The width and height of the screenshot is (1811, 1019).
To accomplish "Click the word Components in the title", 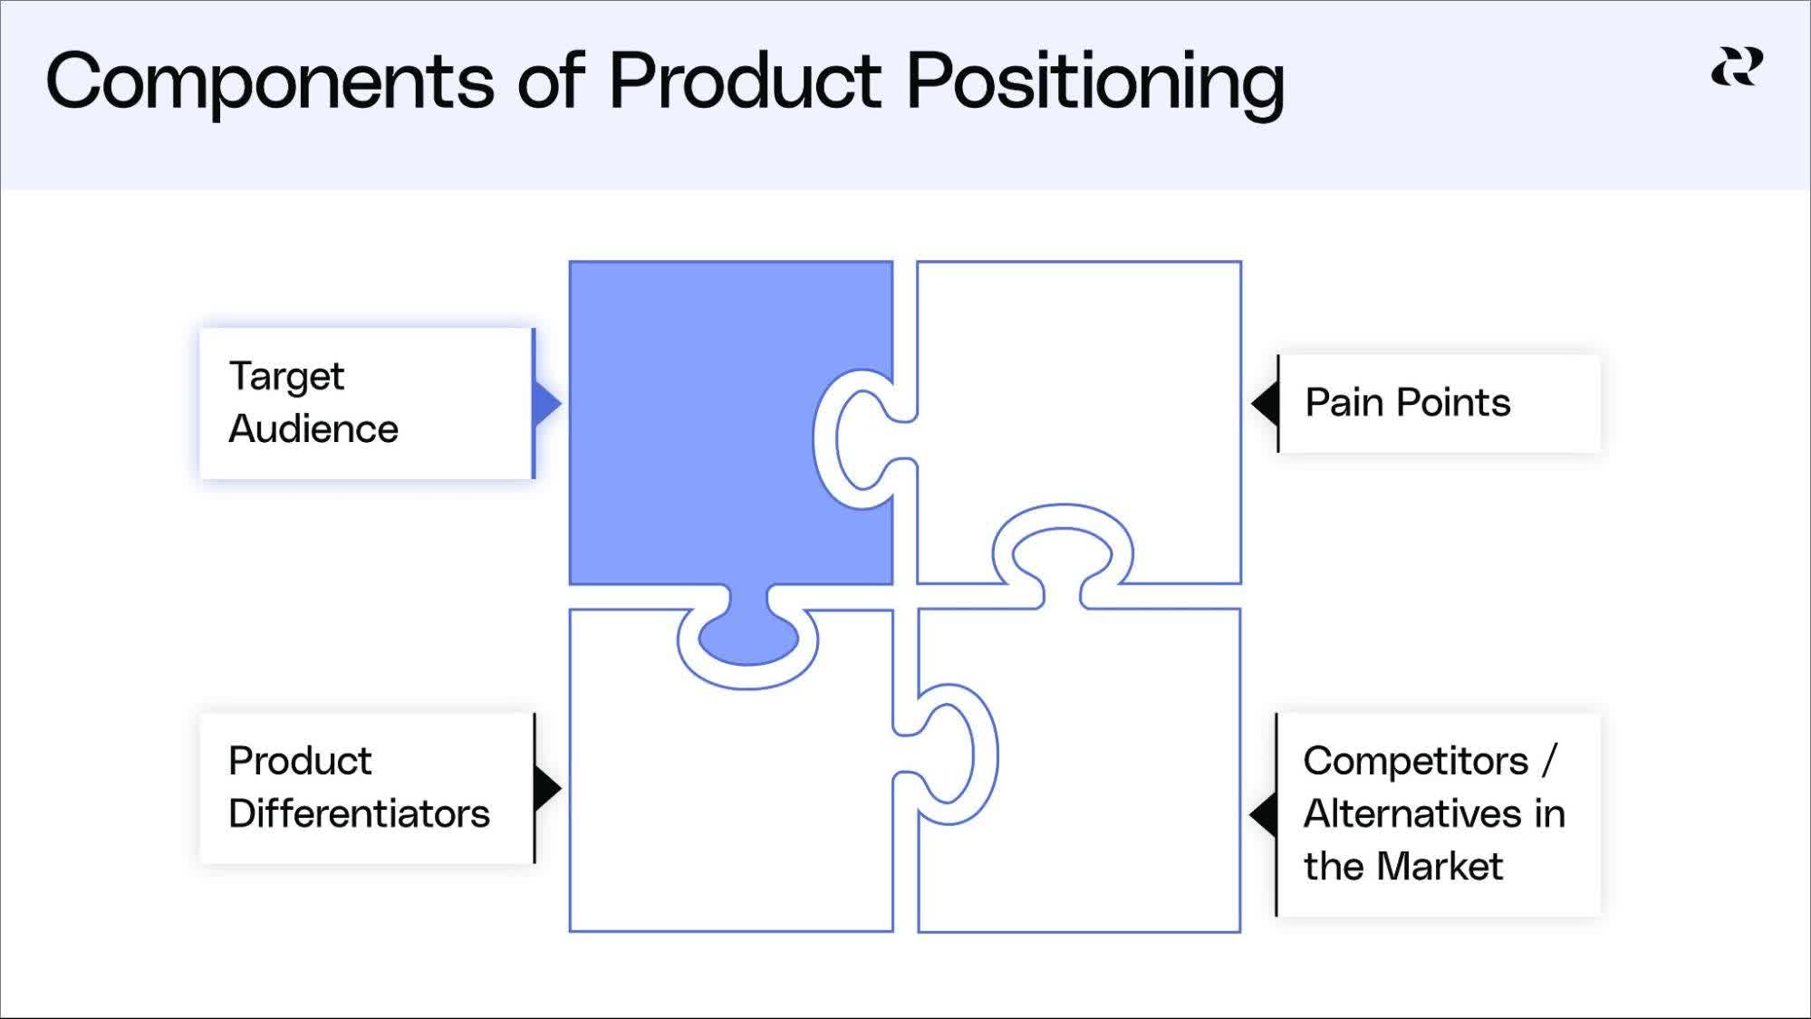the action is [270, 81].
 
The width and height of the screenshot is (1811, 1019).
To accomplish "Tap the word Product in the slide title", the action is [745, 81].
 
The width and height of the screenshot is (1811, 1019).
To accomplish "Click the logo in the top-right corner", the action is [1737, 68].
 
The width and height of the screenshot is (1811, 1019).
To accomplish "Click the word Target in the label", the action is [286, 377].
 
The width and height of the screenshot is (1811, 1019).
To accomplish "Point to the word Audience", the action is [313, 428].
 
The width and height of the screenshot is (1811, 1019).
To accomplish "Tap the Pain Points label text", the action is [1407, 402].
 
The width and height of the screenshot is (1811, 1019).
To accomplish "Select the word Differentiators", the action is [359, 813].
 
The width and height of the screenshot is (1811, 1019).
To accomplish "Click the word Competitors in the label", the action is [1415, 761].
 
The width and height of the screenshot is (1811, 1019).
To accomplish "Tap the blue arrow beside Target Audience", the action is [548, 404].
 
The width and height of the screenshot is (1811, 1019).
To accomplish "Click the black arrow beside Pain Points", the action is [1265, 403].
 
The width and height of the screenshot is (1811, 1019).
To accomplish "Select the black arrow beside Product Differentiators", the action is [548, 788].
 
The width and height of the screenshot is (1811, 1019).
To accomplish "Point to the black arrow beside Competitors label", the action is [1263, 814].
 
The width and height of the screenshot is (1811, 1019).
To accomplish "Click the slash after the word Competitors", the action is [1549, 761].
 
